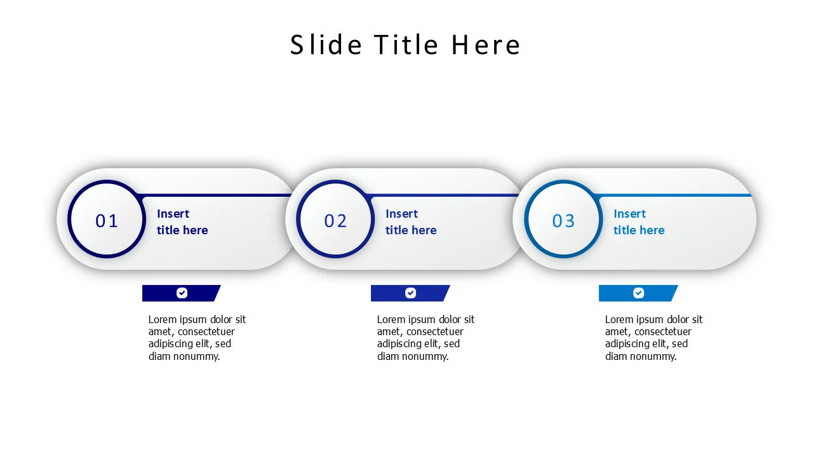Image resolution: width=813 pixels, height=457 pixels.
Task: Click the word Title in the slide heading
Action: tap(406, 45)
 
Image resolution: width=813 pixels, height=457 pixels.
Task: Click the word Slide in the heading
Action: tap(326, 45)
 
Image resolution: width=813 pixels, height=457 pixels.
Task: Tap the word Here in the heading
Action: tap(486, 45)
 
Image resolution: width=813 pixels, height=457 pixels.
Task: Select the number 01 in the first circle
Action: tap(107, 221)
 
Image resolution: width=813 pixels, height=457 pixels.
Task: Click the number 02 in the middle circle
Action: tap(335, 221)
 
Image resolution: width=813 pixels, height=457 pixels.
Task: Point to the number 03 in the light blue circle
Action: tap(563, 221)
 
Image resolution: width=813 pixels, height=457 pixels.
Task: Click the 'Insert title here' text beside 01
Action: tap(182, 222)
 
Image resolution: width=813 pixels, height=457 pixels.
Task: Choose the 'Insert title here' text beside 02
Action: tap(410, 222)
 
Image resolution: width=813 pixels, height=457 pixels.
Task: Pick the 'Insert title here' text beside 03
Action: tap(638, 222)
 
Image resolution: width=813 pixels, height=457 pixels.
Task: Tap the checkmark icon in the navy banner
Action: tap(182, 293)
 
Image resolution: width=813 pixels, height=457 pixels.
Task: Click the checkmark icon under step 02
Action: tap(410, 293)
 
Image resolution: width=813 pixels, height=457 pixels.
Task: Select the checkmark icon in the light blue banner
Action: tap(638, 293)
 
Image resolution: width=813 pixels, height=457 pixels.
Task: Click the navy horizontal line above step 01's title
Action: tap(216, 195)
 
